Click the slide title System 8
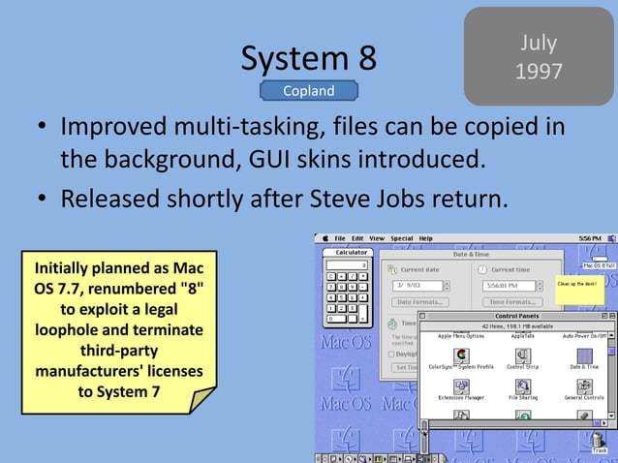click(309, 59)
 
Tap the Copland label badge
click(308, 91)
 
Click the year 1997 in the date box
click(539, 72)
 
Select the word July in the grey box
click(539, 44)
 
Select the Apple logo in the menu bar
click(324, 238)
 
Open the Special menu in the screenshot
click(401, 238)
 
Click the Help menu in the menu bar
click(426, 238)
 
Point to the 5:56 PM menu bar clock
click(589, 238)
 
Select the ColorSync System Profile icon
click(461, 356)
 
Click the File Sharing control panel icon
click(523, 386)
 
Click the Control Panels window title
click(517, 316)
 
